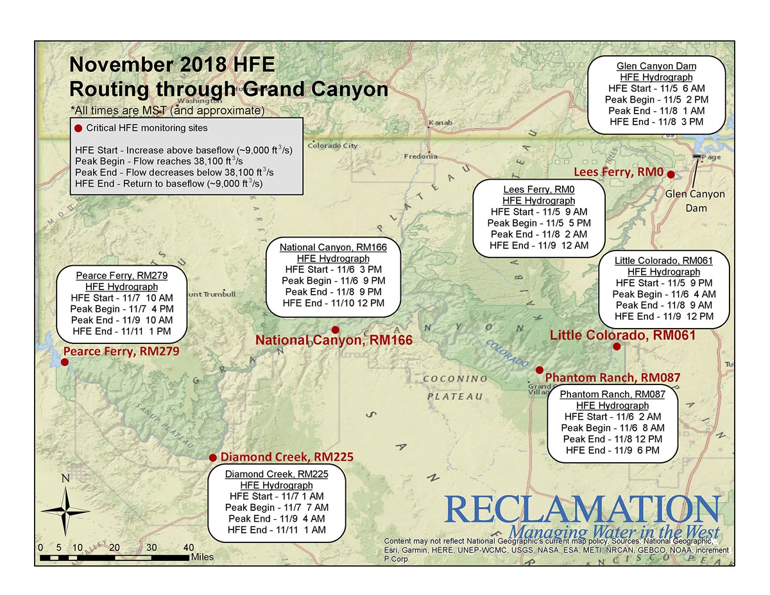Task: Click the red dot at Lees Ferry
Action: (x=671, y=174)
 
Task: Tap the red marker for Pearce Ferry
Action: (x=64, y=362)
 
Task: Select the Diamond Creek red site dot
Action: (x=213, y=458)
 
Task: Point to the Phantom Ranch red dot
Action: (x=540, y=370)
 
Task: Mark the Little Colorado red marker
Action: (x=617, y=347)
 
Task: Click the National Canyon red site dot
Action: (x=334, y=329)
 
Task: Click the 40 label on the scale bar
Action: (x=189, y=548)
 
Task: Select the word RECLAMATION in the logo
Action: (x=581, y=509)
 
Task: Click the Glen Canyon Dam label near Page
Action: (x=694, y=200)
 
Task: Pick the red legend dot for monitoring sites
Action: (x=79, y=128)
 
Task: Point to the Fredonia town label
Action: (x=421, y=156)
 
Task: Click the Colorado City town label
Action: (x=332, y=146)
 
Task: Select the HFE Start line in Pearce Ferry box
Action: (x=121, y=298)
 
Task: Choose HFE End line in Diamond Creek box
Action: (x=277, y=530)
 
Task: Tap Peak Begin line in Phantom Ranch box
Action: (x=612, y=427)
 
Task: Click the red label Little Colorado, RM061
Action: (x=622, y=335)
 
